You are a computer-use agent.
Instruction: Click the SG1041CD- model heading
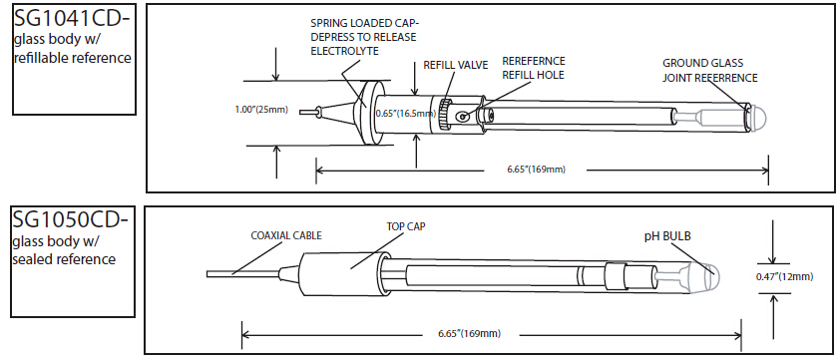point(73,19)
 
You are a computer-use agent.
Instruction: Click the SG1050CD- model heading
point(71,219)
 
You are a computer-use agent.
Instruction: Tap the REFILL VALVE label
point(456,65)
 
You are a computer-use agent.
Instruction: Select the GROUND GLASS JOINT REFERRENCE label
point(710,71)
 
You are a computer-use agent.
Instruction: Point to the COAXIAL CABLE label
point(286,235)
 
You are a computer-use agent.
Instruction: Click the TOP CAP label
point(406,225)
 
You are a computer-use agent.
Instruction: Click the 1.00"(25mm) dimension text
point(261,110)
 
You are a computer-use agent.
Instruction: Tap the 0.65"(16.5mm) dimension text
point(402,114)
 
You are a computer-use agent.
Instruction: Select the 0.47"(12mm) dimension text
point(785,276)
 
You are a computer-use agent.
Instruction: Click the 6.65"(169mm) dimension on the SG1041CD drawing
point(537,170)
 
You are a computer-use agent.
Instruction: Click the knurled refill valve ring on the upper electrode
point(443,115)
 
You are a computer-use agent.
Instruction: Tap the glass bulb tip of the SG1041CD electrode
point(757,115)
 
